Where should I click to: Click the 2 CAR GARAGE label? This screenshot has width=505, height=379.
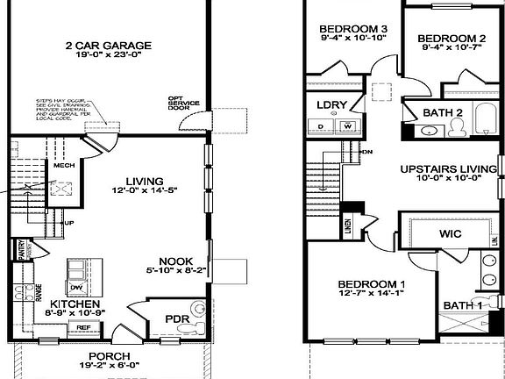coord(107,45)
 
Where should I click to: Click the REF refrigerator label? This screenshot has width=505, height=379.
coord(84,327)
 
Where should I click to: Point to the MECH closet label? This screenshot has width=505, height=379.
coord(63,165)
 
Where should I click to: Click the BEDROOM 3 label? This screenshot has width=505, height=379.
coord(353,29)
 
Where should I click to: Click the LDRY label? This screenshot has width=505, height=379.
coord(331,105)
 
